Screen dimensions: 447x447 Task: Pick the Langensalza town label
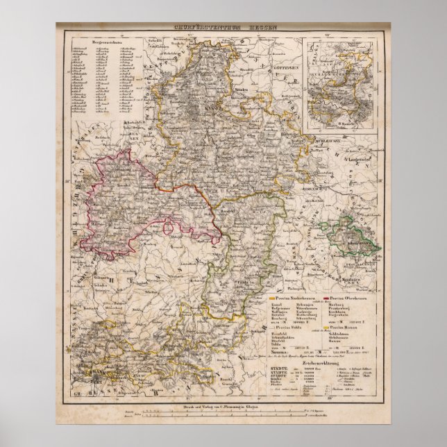pyautogui.click(x=367, y=162)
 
